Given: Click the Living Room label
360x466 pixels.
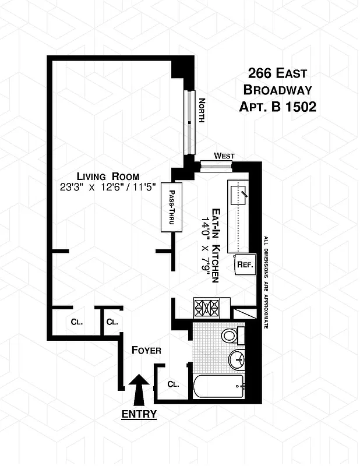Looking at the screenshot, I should click(x=109, y=176).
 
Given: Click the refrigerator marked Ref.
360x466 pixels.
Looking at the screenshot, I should click(x=243, y=264).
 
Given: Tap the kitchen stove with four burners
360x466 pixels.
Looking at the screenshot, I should click(x=206, y=306).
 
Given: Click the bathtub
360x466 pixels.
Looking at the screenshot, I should click(x=219, y=386).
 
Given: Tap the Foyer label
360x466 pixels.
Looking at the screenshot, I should click(x=146, y=350).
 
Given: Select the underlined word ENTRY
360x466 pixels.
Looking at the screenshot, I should click(x=139, y=414).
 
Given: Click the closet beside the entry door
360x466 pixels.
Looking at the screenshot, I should click(x=172, y=383).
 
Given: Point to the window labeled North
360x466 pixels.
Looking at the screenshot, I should click(x=190, y=122).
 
